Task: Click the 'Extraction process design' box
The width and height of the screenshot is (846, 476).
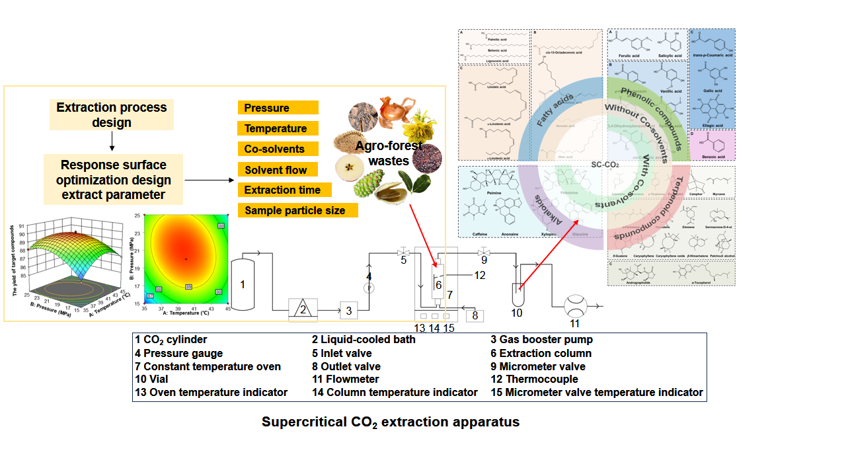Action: (x=111, y=115)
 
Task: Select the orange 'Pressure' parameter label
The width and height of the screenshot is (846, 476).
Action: (x=278, y=108)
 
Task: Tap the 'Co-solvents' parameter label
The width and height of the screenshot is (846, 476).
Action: (x=278, y=149)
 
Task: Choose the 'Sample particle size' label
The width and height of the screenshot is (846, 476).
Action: (x=298, y=211)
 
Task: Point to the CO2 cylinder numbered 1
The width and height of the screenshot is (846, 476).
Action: (x=243, y=284)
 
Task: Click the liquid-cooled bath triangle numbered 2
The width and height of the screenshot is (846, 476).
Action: (x=303, y=309)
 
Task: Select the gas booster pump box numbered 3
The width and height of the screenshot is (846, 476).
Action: (x=348, y=309)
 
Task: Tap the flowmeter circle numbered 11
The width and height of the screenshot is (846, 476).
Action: (x=574, y=307)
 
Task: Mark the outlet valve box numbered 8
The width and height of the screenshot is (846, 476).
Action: (x=475, y=316)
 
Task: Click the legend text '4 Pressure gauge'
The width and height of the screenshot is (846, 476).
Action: (x=179, y=353)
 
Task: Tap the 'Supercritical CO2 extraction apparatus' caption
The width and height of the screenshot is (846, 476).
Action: (x=391, y=422)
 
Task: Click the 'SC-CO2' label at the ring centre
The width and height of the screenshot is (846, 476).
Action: (x=605, y=164)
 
